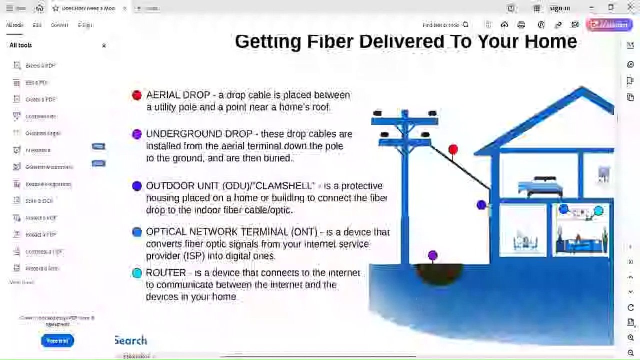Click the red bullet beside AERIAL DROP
click(137, 95)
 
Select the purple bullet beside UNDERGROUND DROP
click(136, 134)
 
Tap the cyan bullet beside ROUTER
click(137, 273)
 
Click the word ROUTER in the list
click(165, 273)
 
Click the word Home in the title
click(550, 41)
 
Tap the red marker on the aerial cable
click(453, 149)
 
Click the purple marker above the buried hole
click(432, 255)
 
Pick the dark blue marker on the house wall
click(481, 204)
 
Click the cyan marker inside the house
click(598, 211)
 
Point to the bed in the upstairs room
click(541, 186)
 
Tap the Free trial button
click(57, 341)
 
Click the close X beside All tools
click(104, 45)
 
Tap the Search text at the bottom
click(131, 340)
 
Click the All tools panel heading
click(20, 45)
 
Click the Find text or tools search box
click(445, 25)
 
